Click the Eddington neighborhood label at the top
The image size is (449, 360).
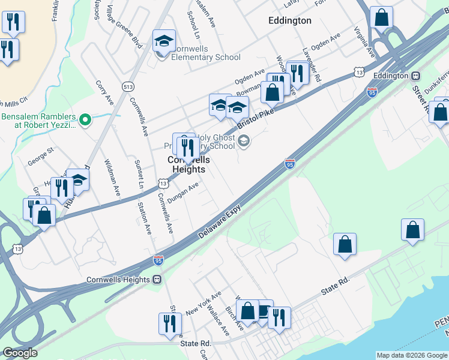pyautogui.click(x=289, y=20)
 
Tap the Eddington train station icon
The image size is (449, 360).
pyautogui.click(x=415, y=76)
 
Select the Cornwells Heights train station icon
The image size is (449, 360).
pyautogui.click(x=158, y=280)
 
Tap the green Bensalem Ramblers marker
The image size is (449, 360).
pyautogui.click(x=85, y=120)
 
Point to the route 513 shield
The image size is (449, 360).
pyautogui.click(x=127, y=86)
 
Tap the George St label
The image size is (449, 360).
pyautogui.click(x=40, y=161)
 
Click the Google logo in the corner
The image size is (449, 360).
pyautogui.click(x=20, y=353)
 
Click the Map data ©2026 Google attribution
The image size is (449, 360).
pyautogui.click(x=411, y=355)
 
